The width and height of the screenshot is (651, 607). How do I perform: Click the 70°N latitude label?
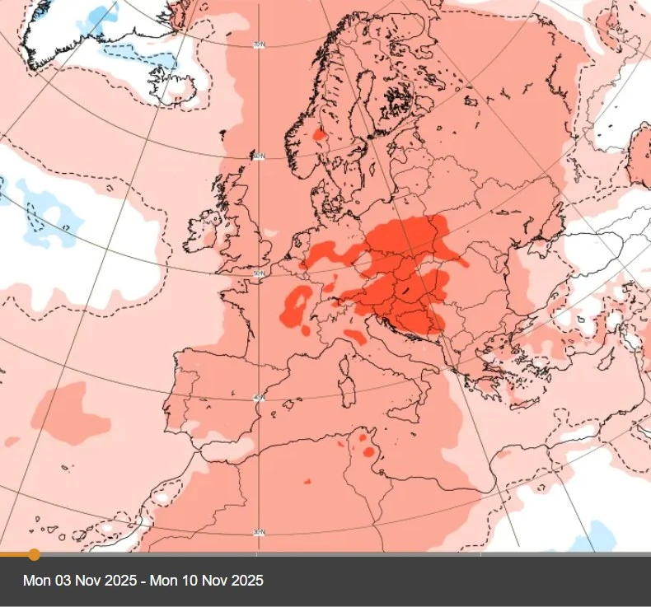tap(259, 44)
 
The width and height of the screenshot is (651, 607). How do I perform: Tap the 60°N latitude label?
tap(259, 156)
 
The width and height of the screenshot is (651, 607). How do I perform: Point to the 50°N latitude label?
tap(259, 273)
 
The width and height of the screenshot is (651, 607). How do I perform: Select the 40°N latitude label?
tap(259, 398)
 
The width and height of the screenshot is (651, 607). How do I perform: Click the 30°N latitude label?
tap(259, 533)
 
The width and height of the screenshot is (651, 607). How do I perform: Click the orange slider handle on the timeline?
tap(34, 554)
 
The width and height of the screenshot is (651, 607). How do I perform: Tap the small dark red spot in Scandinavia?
tap(319, 133)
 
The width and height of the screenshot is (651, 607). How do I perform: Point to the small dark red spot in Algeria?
tap(307, 482)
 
